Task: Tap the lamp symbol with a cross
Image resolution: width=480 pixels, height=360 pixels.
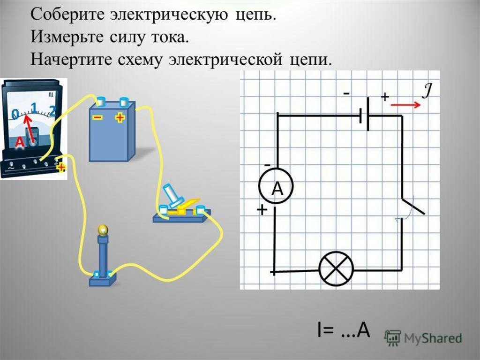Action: (x=336, y=269)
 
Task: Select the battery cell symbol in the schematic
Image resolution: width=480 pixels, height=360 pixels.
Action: (x=364, y=115)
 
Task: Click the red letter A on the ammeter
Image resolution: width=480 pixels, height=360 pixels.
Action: (x=20, y=141)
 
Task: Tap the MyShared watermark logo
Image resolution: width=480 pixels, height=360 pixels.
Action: (x=423, y=337)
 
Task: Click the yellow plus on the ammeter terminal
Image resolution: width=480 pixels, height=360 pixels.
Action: (x=61, y=168)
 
